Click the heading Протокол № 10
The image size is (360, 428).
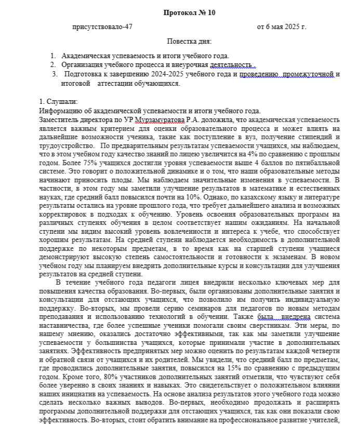tap(189, 12)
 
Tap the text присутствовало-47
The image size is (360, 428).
tap(102, 26)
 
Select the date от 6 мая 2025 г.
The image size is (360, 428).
tap(282, 26)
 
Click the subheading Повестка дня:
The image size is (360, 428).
tap(189, 41)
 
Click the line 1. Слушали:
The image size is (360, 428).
tap(59, 102)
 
